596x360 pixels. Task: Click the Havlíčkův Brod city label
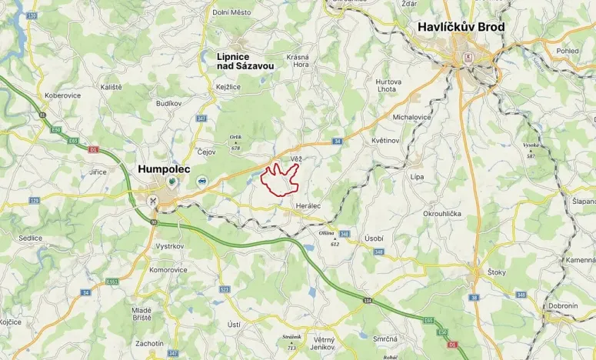click(x=461, y=27)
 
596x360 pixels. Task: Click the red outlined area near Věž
click(x=279, y=179)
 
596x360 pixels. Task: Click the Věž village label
click(x=296, y=158)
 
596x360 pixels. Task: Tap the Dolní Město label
click(x=231, y=11)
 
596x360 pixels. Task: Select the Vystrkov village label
click(x=169, y=246)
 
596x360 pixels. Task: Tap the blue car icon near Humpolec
click(x=201, y=182)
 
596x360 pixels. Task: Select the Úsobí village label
click(x=374, y=238)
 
